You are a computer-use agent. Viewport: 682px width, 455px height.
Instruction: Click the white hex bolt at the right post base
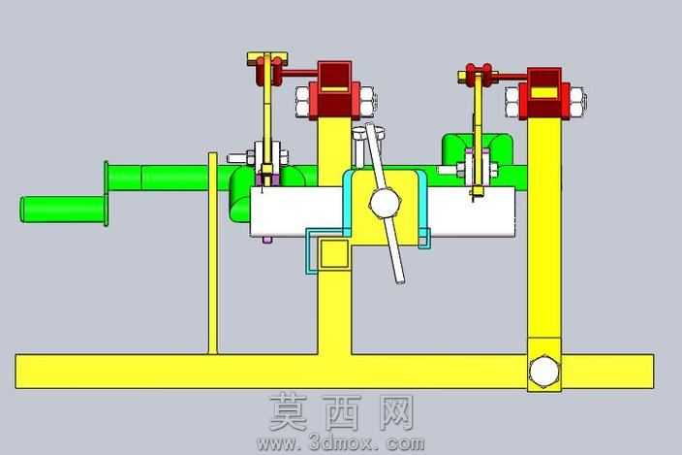pyautogui.click(x=543, y=371)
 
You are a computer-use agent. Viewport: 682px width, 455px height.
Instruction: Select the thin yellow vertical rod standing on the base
pyautogui.click(x=213, y=253)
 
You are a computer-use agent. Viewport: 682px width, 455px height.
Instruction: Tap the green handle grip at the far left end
pyautogui.click(x=63, y=210)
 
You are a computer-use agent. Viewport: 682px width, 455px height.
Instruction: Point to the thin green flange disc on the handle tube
pyautogui.click(x=107, y=193)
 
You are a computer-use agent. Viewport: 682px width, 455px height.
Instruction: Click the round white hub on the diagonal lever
pyautogui.click(x=385, y=203)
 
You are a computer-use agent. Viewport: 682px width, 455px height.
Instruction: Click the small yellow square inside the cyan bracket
pyautogui.click(x=334, y=254)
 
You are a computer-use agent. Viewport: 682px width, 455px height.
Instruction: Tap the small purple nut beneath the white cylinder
pyautogui.click(x=267, y=240)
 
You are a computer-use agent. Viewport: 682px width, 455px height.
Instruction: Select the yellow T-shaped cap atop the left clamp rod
pyautogui.click(x=267, y=57)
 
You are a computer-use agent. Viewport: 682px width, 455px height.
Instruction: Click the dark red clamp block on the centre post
pyautogui.click(x=334, y=89)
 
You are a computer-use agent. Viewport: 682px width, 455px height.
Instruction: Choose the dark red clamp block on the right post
pyautogui.click(x=544, y=93)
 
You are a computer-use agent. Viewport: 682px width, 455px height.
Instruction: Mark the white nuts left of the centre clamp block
pyautogui.click(x=302, y=102)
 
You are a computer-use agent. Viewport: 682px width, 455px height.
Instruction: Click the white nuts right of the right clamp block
pyautogui.click(x=577, y=102)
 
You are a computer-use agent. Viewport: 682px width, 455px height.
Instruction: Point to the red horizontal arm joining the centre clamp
pyautogui.click(x=299, y=74)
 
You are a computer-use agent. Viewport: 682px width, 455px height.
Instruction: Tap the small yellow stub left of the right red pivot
pyautogui.click(x=462, y=77)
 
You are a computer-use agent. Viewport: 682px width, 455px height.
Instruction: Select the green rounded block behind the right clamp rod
pyautogui.click(x=477, y=148)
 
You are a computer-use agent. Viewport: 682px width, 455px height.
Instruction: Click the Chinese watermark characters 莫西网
pyautogui.click(x=341, y=412)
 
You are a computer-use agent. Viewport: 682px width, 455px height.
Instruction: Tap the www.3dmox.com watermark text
pyautogui.click(x=341, y=443)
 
